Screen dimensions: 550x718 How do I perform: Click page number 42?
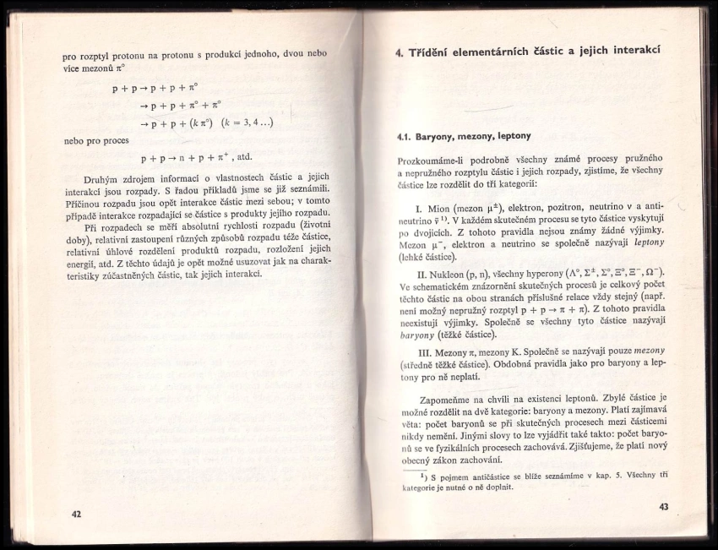(x=76, y=515)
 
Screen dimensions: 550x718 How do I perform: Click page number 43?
(x=663, y=506)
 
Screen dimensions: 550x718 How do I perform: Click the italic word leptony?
(x=650, y=242)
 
